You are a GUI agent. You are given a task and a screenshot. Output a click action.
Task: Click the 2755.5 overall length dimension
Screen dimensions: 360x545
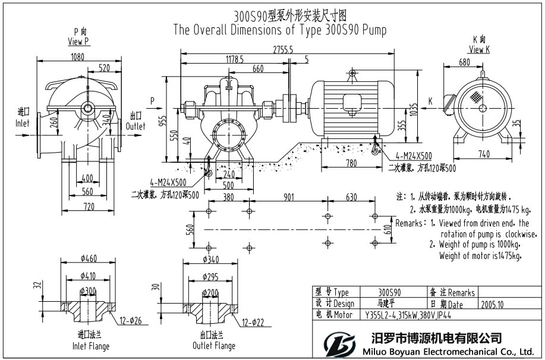pos(282,51)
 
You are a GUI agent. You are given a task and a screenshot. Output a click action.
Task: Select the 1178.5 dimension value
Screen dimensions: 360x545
pos(235,59)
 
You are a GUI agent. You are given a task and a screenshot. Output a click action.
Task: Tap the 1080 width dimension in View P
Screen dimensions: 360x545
pos(77,58)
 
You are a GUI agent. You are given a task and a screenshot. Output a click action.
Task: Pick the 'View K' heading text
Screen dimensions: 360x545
pos(479,50)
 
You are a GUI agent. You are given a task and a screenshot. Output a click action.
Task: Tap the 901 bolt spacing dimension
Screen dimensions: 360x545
pos(289,198)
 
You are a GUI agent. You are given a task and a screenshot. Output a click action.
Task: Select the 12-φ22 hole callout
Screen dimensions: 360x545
pos(254,323)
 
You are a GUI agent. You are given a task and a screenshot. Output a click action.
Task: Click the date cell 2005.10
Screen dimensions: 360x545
pos(493,304)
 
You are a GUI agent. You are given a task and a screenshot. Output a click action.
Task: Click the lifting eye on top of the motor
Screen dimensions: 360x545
pos(352,73)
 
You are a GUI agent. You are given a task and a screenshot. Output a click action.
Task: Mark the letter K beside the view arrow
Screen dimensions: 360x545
pos(430,102)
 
